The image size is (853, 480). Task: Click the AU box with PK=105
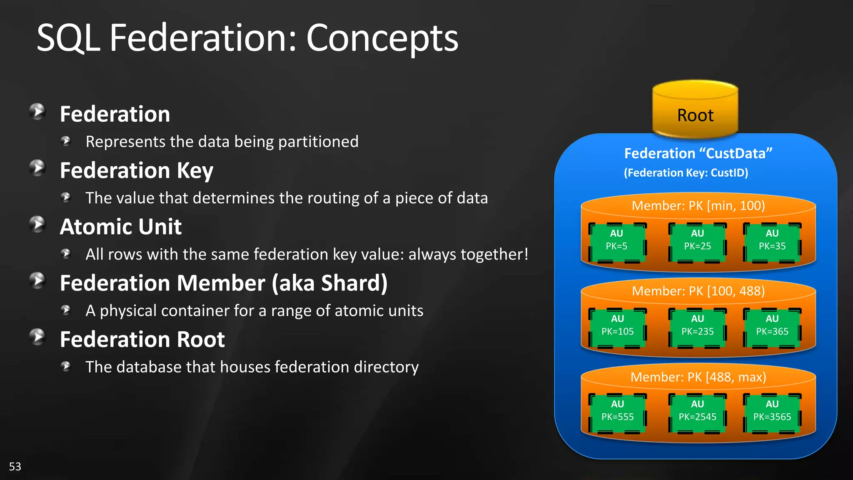coord(617,327)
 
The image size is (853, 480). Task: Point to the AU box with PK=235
coord(697,327)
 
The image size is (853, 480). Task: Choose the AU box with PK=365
coord(772,327)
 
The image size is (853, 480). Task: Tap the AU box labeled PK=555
coord(617,412)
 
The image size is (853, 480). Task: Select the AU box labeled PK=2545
coord(697,412)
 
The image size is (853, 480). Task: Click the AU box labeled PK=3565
coord(772,412)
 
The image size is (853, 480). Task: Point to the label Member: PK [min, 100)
coord(698,206)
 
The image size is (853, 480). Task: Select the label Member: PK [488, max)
coord(698,377)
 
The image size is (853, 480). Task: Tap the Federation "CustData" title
coord(698,153)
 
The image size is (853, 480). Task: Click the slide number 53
coord(15,466)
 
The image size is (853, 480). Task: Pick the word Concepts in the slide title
coord(382,38)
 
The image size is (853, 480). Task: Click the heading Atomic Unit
coord(121,227)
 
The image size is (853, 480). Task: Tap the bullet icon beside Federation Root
coord(37,337)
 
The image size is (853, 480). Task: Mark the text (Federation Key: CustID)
coord(686,172)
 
